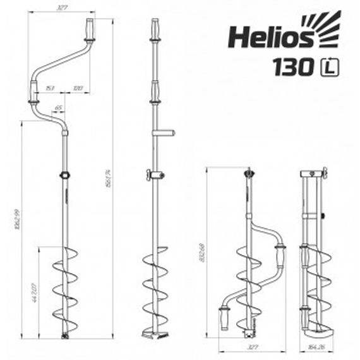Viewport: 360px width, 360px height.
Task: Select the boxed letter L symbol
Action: [x=329, y=67]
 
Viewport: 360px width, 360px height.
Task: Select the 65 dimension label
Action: [x=59, y=108]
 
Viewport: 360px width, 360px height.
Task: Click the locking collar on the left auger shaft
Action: [x=64, y=175]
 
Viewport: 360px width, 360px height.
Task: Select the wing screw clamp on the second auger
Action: [x=153, y=176]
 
